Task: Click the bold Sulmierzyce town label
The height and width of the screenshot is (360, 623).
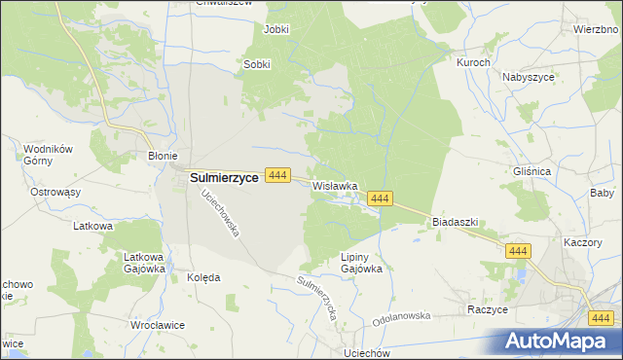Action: tap(223, 178)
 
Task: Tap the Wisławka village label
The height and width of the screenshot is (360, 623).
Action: tap(336, 185)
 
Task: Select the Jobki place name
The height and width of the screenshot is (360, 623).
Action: tap(276, 29)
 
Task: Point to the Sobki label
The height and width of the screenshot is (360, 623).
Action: tap(256, 65)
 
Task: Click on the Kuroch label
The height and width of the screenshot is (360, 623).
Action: tap(473, 61)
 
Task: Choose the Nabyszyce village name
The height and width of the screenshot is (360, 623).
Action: tap(530, 76)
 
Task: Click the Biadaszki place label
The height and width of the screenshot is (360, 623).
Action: tap(455, 222)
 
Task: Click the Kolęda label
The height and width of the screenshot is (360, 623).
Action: tap(203, 277)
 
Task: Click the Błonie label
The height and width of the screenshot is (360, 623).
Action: tap(162, 155)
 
